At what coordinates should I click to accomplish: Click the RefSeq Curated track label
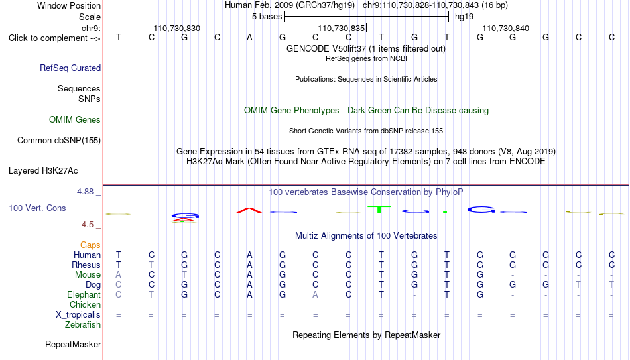pos(70,68)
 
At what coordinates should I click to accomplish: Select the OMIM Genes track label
pos(75,120)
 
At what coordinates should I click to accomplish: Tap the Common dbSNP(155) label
pos(59,141)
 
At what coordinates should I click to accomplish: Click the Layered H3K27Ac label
pos(43,171)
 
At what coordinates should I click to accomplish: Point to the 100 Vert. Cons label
pos(37,208)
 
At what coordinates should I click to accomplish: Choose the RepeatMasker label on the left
pos(73,344)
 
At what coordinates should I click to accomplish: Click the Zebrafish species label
pos(83,324)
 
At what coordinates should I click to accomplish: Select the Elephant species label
pos(84,294)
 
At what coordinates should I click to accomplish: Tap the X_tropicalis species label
pos(78,315)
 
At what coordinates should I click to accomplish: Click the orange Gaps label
pos(90,245)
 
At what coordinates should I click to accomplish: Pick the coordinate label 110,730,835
pos(341,28)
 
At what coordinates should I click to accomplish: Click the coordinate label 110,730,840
pos(505,28)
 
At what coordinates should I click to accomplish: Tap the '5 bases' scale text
pos(267,17)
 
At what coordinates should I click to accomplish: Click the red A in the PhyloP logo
pos(249,210)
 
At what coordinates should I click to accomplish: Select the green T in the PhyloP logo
pos(379,210)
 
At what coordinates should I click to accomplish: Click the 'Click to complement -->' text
pos(54,38)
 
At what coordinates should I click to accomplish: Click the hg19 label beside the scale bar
pos(464,17)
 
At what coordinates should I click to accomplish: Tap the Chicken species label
pos(85,304)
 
